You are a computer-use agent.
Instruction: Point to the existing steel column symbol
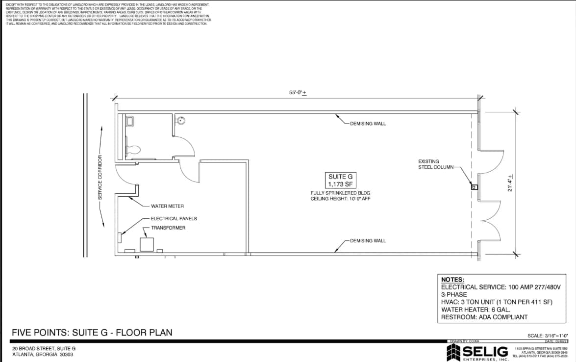[474, 187]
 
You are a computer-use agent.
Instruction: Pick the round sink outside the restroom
[181, 120]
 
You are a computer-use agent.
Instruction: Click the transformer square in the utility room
[147, 244]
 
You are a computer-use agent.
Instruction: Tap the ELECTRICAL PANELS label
[174, 218]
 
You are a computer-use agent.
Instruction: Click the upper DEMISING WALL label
[368, 124]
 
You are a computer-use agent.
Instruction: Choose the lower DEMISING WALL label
[368, 241]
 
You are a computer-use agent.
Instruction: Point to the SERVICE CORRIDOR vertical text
[100, 177]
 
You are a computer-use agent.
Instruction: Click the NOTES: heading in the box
[452, 280]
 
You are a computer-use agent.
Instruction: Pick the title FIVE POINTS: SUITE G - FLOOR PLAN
[92, 333]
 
